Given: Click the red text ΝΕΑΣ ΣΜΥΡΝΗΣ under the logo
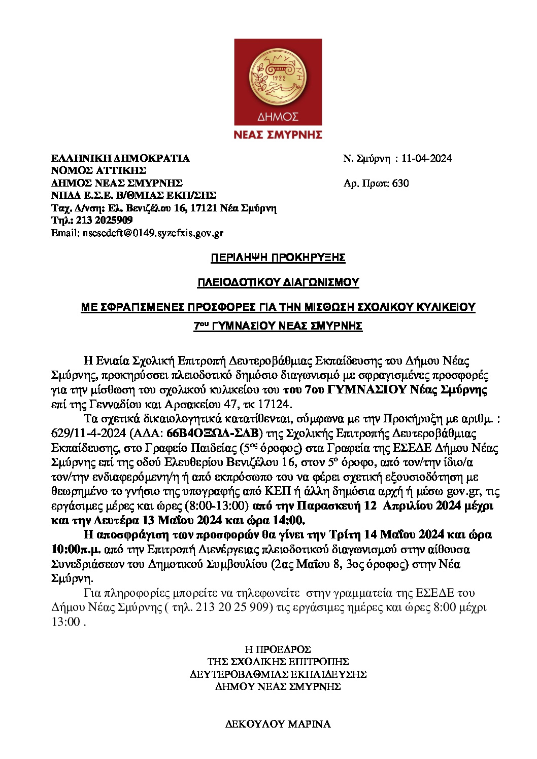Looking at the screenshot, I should [x=278, y=135].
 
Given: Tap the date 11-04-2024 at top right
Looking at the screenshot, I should [x=426, y=159].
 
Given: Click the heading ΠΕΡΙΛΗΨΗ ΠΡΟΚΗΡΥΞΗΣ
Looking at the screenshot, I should [x=278, y=258].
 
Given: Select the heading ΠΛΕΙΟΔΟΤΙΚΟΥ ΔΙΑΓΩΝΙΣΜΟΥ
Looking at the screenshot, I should [x=278, y=282].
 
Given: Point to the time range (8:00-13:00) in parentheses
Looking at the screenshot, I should [x=217, y=506].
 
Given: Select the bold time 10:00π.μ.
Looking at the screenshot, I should [x=76, y=550].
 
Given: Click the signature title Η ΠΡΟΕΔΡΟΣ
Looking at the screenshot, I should [x=278, y=649].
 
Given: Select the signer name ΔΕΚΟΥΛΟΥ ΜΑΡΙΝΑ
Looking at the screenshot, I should [x=278, y=724].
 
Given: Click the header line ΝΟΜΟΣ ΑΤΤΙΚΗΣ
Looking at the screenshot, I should [x=98, y=171].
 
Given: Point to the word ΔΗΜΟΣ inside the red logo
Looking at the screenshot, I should [x=278, y=117].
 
